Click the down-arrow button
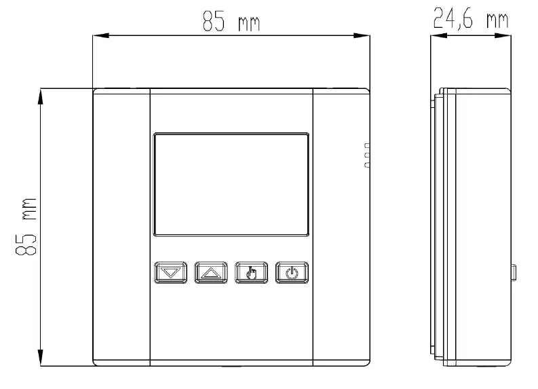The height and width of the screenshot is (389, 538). tap(169, 274)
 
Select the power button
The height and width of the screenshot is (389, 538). tap(291, 274)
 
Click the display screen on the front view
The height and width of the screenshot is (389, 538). tap(231, 184)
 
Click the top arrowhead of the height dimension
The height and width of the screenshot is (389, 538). tap(42, 96)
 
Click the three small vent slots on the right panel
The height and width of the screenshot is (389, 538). tap(367, 155)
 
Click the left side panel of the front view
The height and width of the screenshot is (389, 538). tap(121, 227)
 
